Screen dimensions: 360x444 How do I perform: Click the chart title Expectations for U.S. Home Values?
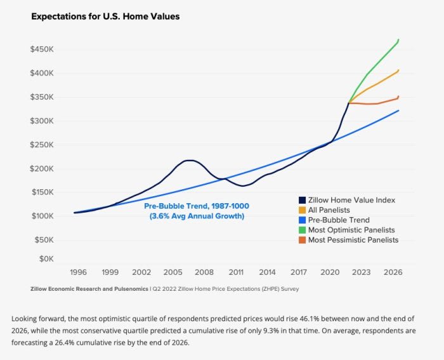[105, 17]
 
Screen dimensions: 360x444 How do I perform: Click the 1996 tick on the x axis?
[79, 272]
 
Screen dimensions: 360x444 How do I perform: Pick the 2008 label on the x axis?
[204, 272]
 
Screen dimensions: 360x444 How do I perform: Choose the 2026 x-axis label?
[393, 272]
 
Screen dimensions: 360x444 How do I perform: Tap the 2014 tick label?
[267, 272]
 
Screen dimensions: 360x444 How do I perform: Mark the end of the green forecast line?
[399, 39]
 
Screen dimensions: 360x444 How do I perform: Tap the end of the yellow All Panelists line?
[399, 70]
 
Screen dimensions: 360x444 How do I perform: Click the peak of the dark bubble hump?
[189, 160]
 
